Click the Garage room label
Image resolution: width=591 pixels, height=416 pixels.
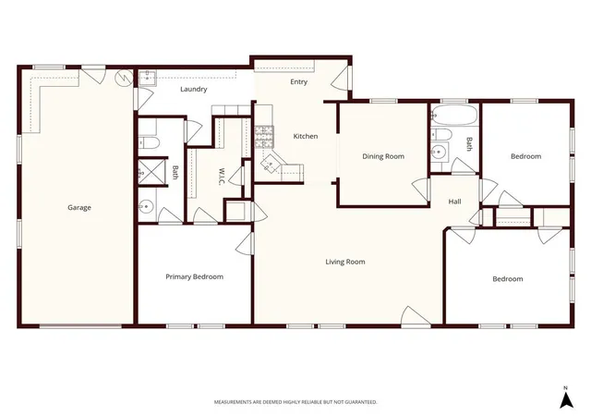click(x=79, y=207)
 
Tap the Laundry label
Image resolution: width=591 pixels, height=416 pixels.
click(x=193, y=89)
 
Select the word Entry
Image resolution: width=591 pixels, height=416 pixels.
click(x=298, y=82)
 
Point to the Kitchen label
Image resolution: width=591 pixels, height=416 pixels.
click(x=306, y=136)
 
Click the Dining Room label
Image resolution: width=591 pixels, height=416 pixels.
click(x=383, y=156)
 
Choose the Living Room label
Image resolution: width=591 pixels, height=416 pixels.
click(x=345, y=262)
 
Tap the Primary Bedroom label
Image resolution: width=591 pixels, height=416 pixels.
click(x=195, y=276)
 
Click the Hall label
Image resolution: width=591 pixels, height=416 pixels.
click(x=454, y=202)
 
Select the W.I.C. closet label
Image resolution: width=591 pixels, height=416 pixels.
click(x=222, y=177)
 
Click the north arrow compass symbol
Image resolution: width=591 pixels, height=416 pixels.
click(x=566, y=399)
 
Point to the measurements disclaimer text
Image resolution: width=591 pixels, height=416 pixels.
click(x=295, y=402)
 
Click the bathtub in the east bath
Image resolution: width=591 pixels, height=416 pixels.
click(x=454, y=115)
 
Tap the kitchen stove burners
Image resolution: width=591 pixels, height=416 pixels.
click(x=264, y=137)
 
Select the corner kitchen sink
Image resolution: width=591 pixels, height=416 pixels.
click(x=271, y=163)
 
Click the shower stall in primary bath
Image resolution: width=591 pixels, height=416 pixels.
click(x=151, y=172)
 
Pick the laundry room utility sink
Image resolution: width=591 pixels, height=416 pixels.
click(x=147, y=79)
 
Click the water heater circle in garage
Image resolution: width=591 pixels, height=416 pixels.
click(x=124, y=78)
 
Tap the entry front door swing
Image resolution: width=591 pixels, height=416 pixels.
click(x=342, y=78)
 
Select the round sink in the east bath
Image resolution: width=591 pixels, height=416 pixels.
click(x=438, y=152)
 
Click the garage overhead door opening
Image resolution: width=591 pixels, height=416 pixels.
click(x=80, y=325)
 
